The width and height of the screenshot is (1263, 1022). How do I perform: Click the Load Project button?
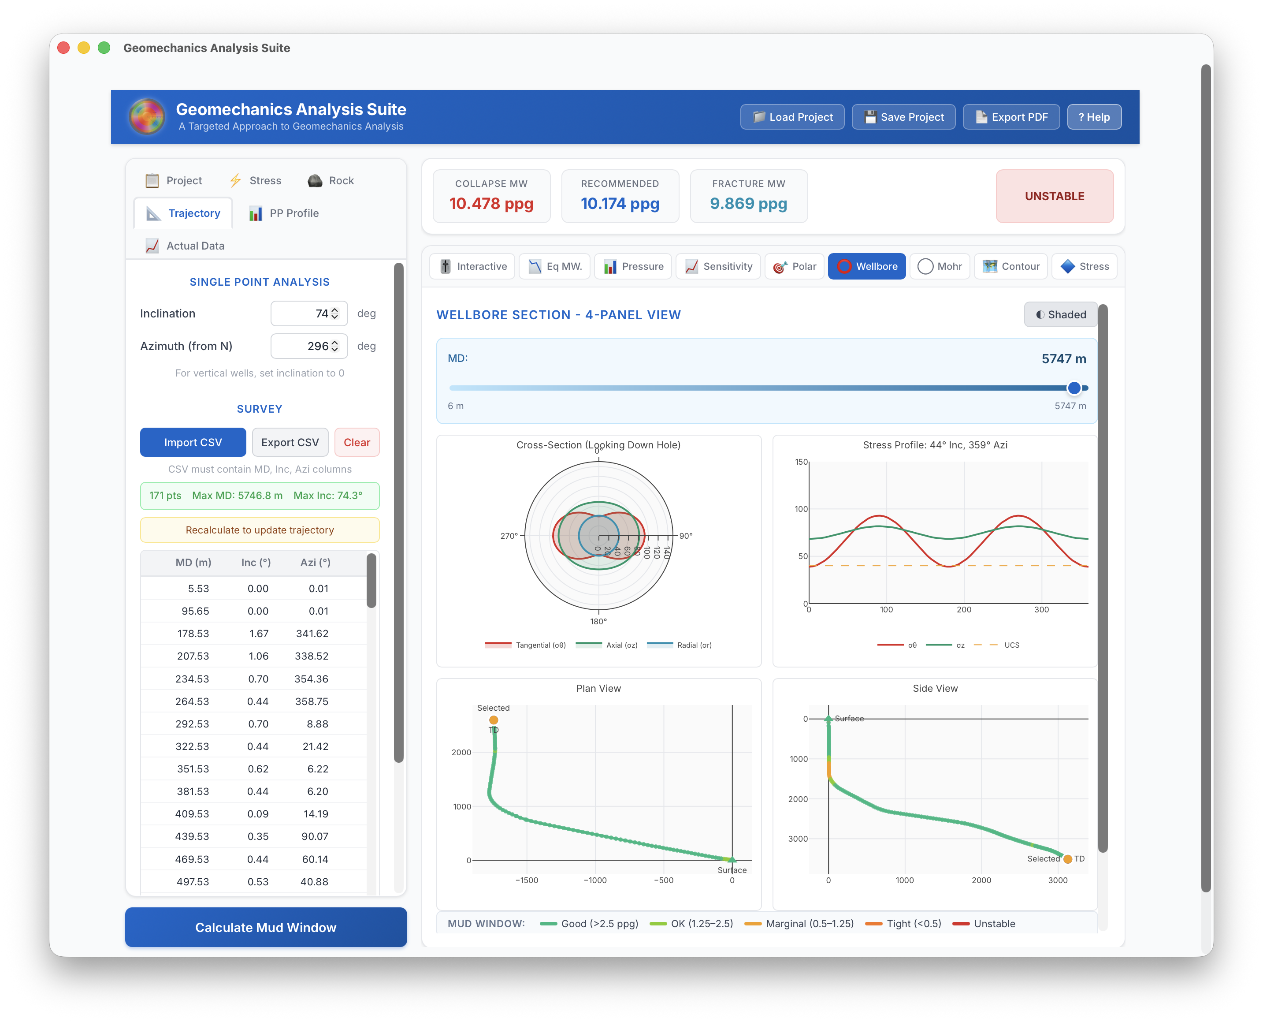792,117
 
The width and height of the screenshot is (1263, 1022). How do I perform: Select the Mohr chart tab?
940,266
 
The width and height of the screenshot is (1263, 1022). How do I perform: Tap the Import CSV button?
193,442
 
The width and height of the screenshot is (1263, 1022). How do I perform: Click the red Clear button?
357,442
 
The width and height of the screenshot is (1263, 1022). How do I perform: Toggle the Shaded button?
1061,314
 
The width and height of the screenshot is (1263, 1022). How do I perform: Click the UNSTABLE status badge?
1054,196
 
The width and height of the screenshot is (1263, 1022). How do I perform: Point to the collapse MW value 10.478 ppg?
491,204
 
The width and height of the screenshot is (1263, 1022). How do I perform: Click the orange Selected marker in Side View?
1068,859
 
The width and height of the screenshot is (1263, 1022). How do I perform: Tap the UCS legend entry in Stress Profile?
1011,645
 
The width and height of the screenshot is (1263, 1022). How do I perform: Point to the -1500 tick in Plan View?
527,880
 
